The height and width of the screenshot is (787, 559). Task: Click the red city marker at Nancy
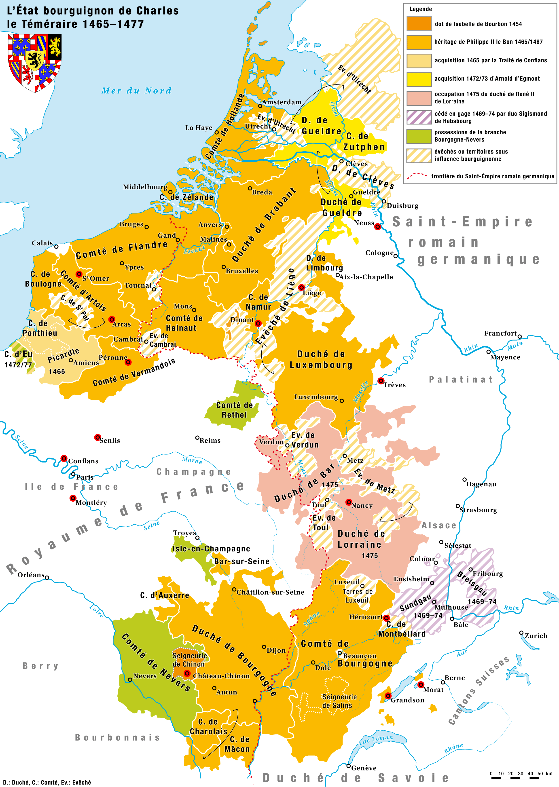point(349,502)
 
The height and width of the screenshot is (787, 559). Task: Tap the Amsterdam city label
point(282,102)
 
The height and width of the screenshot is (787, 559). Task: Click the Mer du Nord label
point(136,91)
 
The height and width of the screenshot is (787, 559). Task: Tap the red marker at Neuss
point(378,227)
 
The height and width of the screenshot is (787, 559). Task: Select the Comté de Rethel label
point(234,410)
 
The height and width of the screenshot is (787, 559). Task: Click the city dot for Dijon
point(264,647)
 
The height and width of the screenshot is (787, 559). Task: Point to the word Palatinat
point(461,380)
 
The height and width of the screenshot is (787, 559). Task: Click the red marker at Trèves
point(381,381)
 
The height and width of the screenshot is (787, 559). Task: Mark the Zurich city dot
point(521,633)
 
